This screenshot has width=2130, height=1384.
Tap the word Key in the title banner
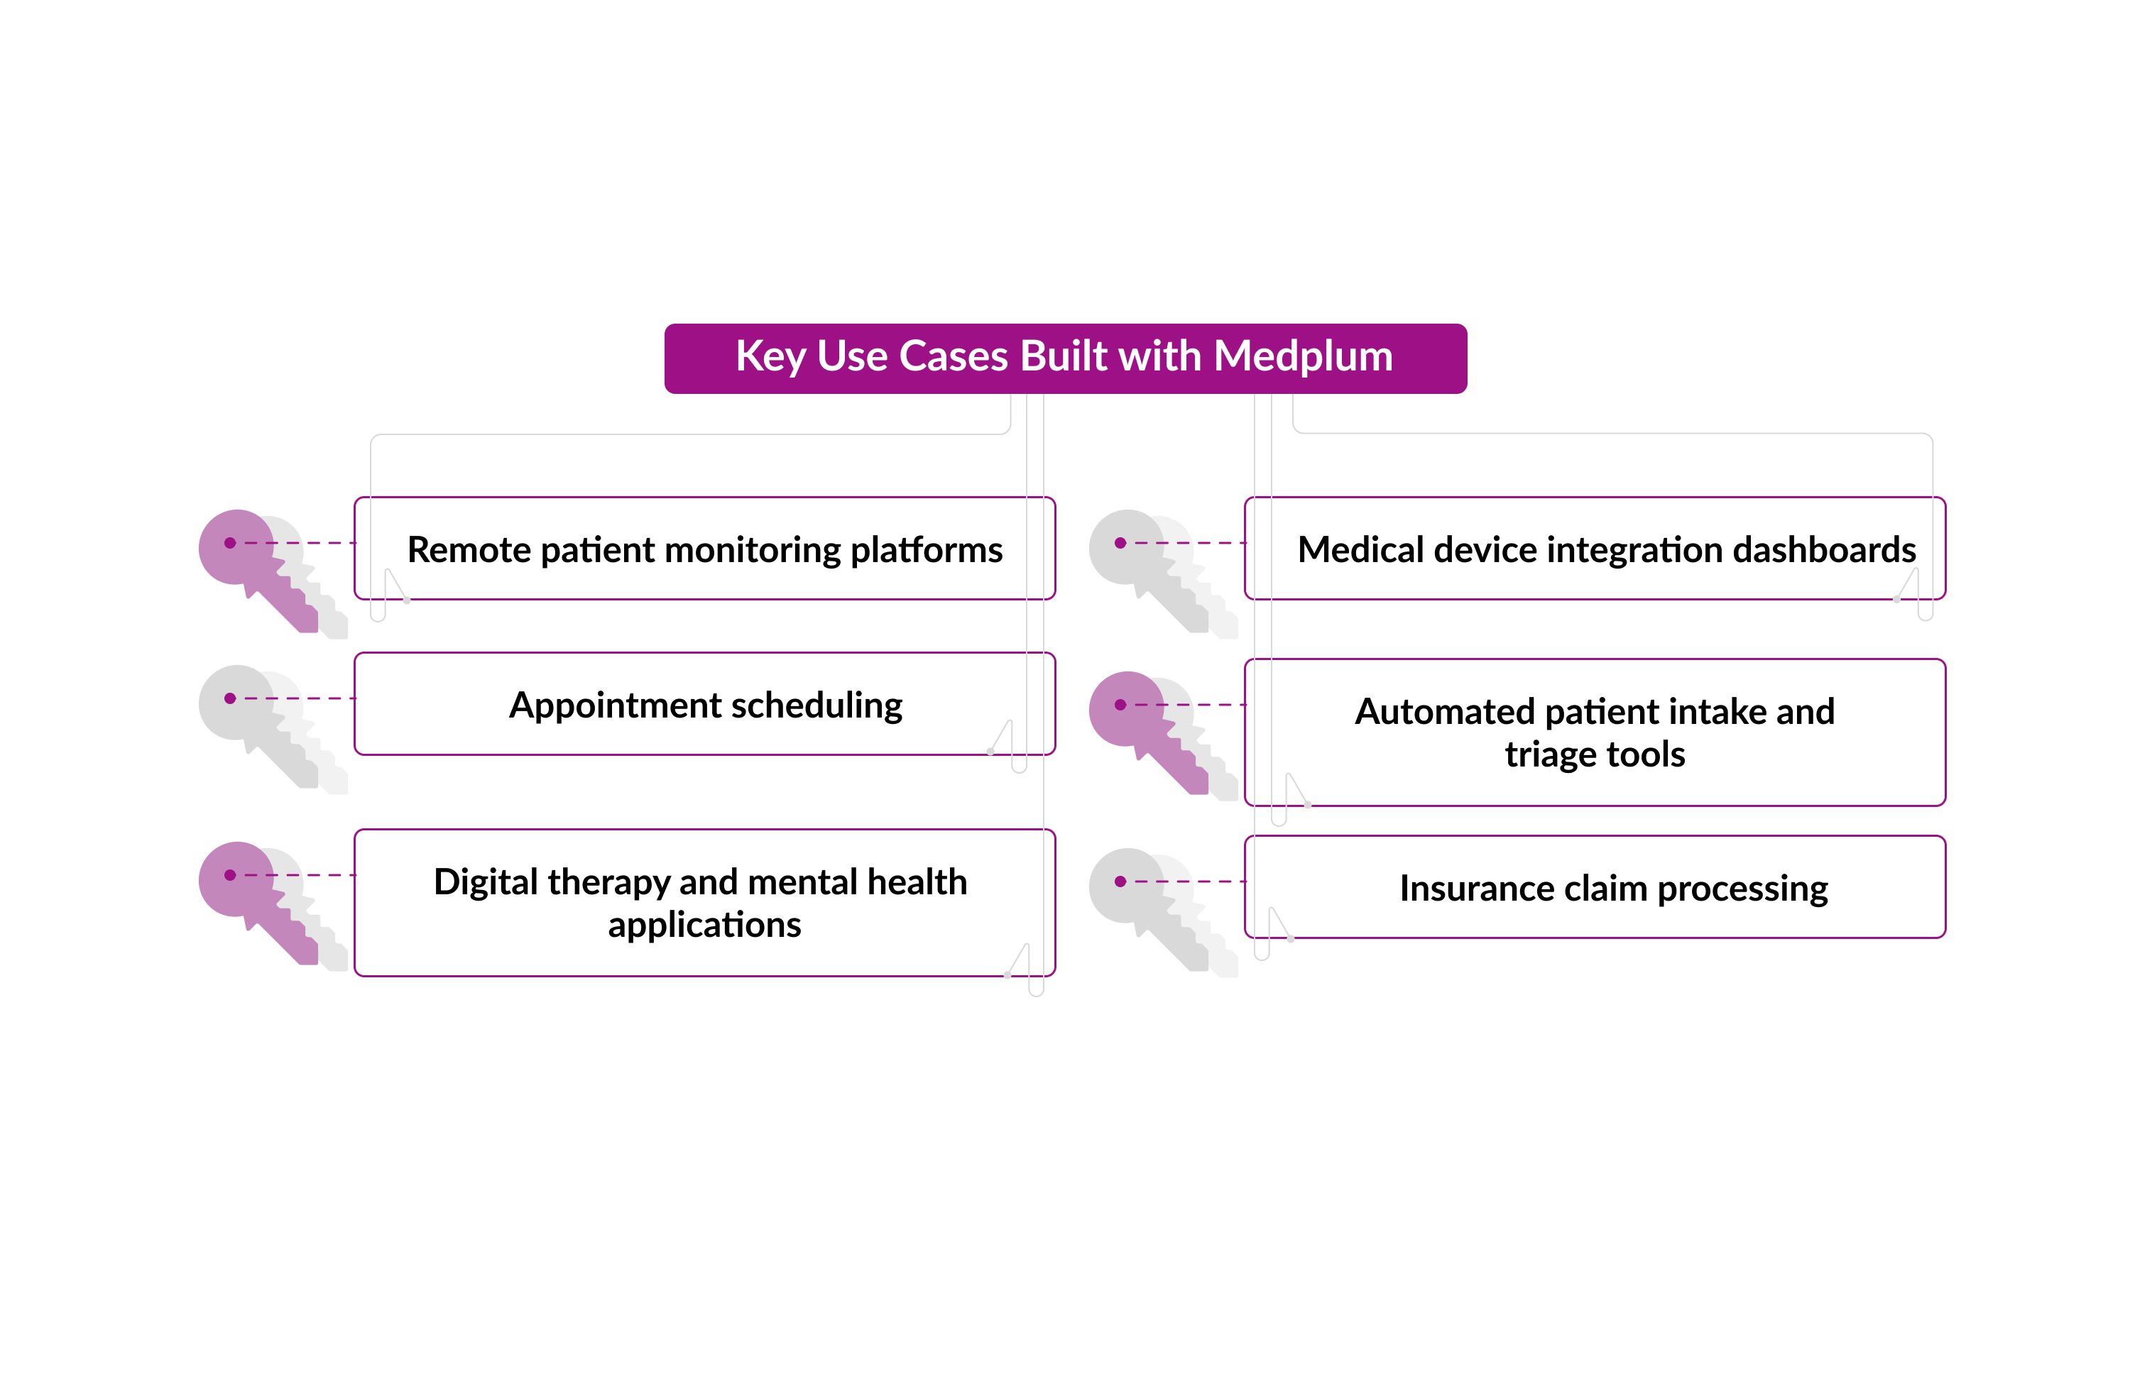pos(770,356)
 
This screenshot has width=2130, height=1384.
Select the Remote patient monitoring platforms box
pos(704,549)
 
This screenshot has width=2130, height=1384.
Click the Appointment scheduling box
pos(704,704)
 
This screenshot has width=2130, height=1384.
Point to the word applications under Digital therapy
pos(704,924)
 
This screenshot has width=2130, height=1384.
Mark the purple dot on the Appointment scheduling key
pos(230,698)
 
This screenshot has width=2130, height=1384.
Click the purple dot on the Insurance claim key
pos(1120,882)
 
